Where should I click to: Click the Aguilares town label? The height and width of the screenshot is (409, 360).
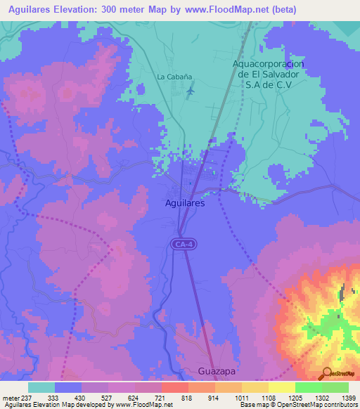tap(185, 202)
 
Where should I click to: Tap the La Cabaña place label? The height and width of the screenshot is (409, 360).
tap(174, 77)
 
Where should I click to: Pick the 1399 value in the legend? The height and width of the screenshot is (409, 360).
tap(347, 397)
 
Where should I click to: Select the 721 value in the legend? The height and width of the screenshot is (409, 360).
tap(161, 397)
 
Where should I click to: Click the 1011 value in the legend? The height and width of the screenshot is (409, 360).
tap(240, 397)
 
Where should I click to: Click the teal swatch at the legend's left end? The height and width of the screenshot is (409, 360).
tap(41, 387)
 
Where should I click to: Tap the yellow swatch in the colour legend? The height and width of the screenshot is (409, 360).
tap(282, 387)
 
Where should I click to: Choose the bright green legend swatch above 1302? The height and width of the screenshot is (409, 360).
tap(308, 387)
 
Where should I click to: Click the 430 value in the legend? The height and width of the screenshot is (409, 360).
tap(82, 397)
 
